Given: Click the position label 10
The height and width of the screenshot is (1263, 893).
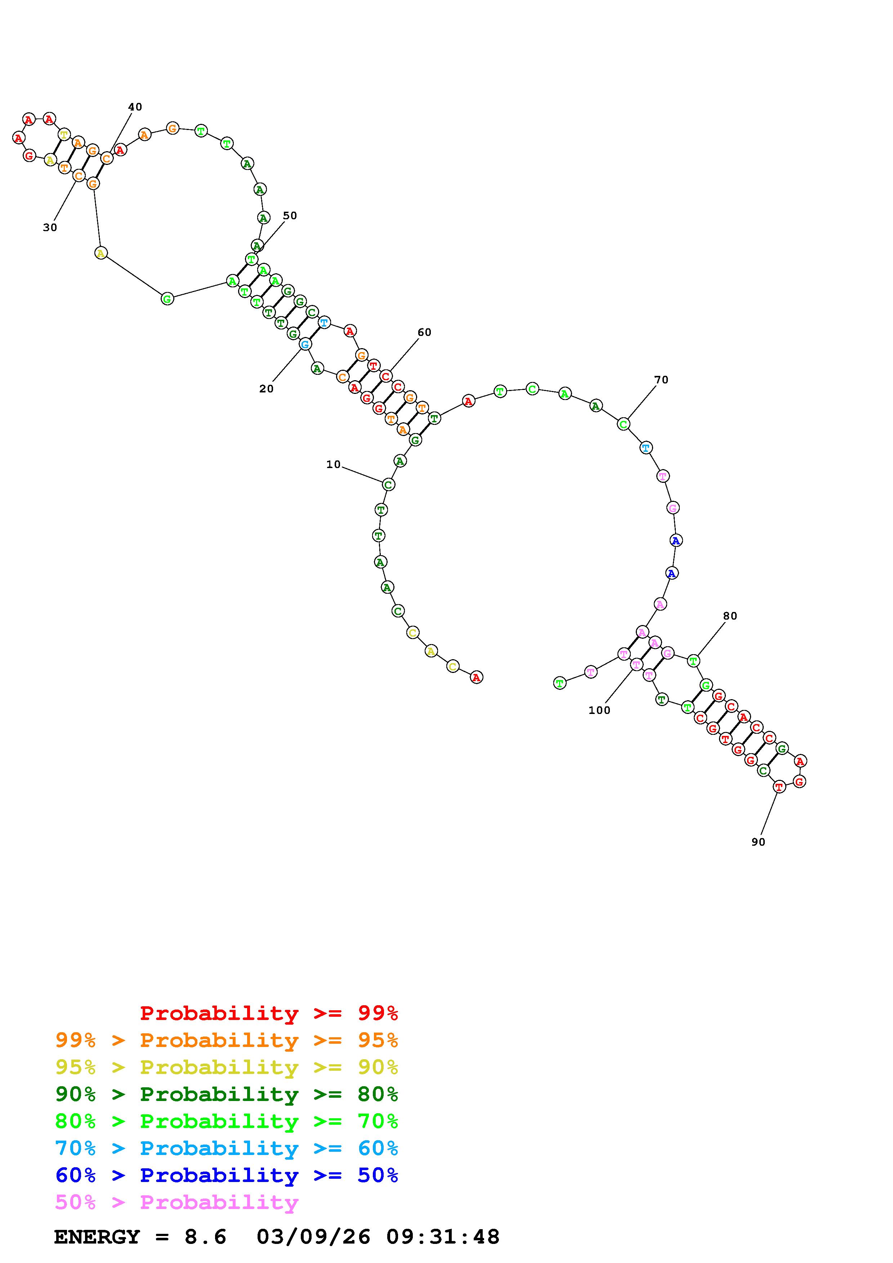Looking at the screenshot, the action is point(334,464).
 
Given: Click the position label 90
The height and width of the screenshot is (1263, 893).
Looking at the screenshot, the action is point(758,842).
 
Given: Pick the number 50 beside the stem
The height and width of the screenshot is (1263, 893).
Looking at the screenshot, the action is point(290,216).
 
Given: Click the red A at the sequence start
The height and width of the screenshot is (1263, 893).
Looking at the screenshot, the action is point(477,677).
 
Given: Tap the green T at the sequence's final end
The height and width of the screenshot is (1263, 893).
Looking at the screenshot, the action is point(559,683).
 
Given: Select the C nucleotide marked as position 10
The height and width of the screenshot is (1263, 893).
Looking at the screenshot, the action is point(388,485).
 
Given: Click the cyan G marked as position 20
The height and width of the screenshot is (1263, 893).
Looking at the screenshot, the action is point(305,344).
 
